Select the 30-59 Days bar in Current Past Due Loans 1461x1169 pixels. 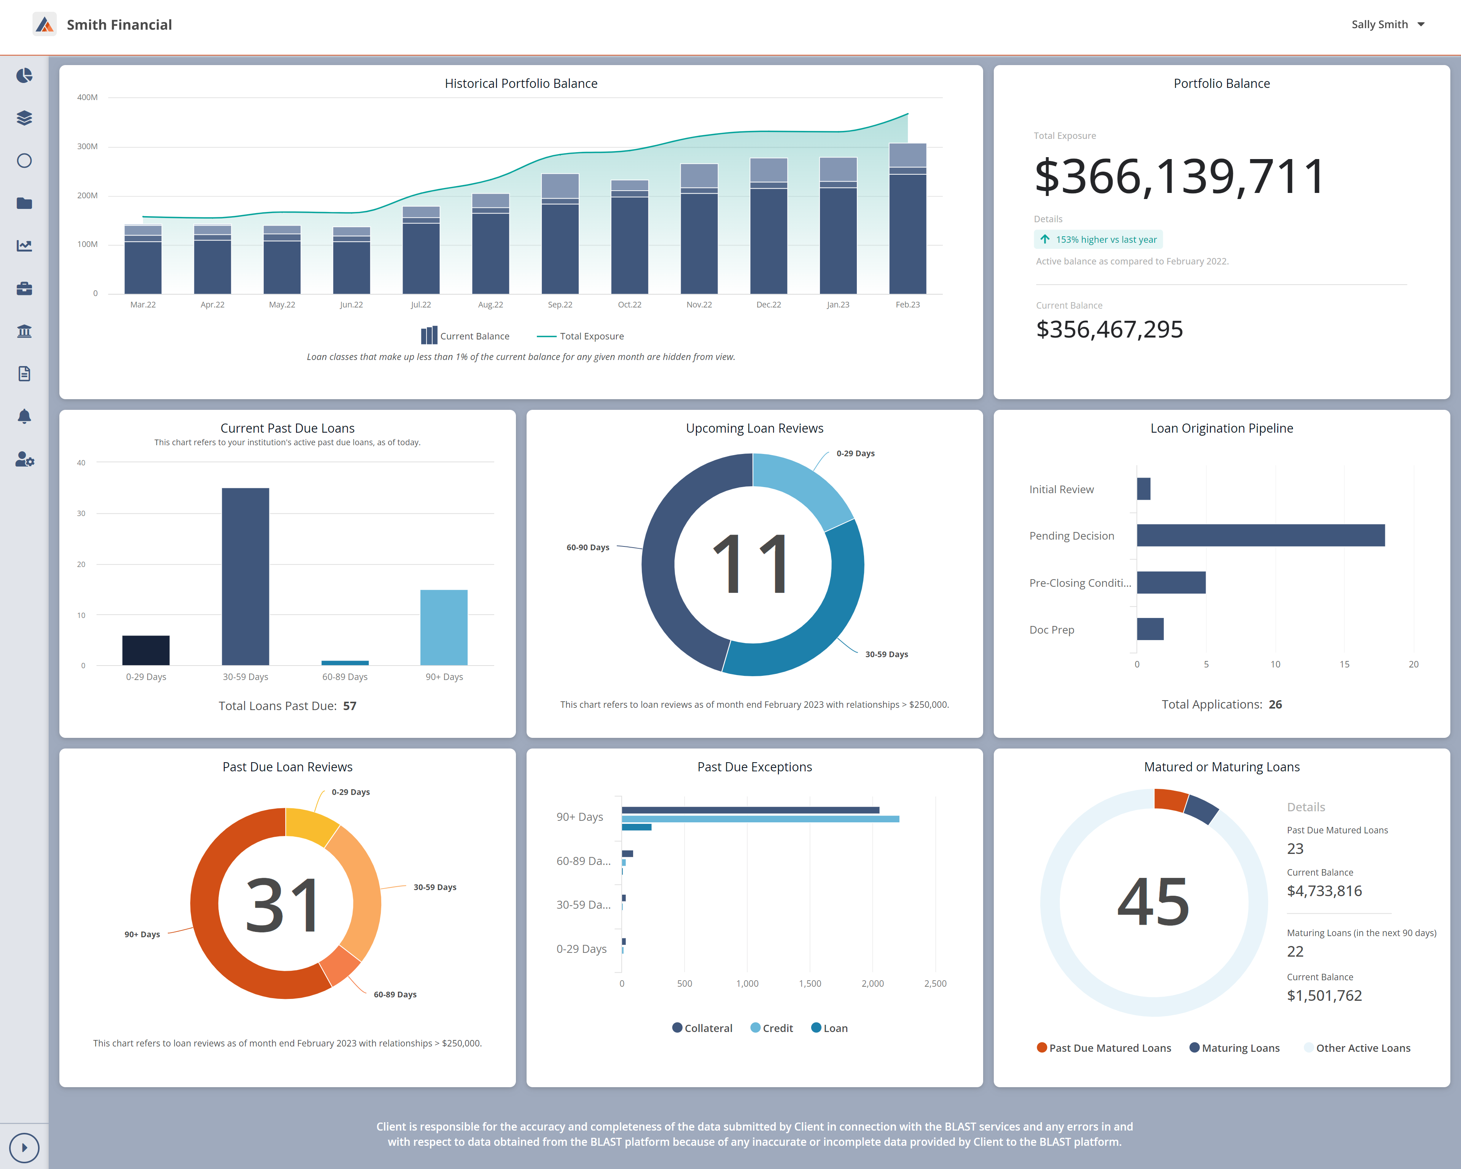pos(245,576)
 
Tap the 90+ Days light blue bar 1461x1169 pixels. pos(444,627)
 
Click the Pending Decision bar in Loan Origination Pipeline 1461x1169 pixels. pos(1260,535)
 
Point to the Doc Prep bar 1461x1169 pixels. pos(1150,629)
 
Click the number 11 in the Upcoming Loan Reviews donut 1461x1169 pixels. pos(752,564)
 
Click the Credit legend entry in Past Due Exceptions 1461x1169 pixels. pos(772,1028)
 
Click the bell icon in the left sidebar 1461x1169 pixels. pos(24,416)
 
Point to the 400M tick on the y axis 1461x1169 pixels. pos(88,97)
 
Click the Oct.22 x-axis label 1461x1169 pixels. pos(630,305)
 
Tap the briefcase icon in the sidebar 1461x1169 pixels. pos(24,289)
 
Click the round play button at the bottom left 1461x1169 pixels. pos(24,1147)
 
